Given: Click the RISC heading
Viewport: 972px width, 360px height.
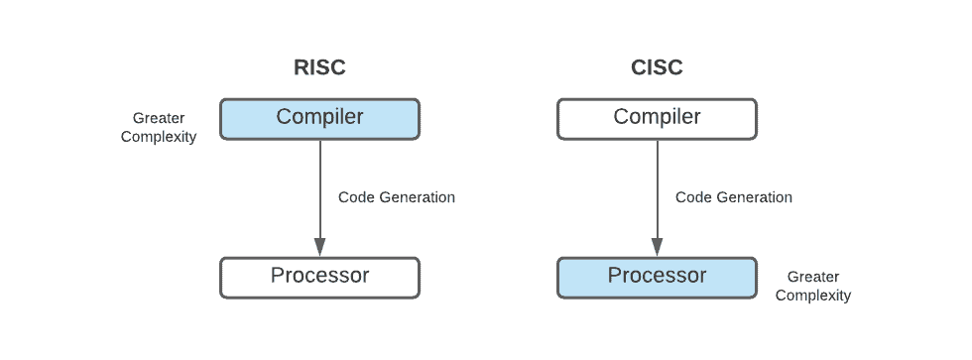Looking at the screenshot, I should (x=319, y=68).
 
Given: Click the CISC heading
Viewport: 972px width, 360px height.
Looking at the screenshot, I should (x=657, y=68).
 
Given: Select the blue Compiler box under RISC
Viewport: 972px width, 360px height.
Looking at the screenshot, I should (x=319, y=118).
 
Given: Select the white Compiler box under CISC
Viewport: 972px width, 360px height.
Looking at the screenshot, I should (x=657, y=118).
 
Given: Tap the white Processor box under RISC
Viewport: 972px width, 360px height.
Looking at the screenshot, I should (x=319, y=277).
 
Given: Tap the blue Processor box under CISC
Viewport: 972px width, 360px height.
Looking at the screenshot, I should (x=657, y=277).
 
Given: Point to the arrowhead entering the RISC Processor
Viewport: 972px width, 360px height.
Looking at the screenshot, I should (x=319, y=248).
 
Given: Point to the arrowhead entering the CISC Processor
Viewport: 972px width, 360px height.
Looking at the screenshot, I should (x=657, y=248).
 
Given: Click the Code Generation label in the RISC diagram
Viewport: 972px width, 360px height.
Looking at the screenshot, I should (x=397, y=197).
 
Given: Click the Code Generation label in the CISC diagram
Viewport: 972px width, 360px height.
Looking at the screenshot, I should (x=734, y=197).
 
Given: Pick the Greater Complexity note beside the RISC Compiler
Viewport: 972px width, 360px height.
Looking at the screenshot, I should (x=159, y=128).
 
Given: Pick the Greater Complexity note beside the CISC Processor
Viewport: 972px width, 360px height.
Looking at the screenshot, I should (x=813, y=287).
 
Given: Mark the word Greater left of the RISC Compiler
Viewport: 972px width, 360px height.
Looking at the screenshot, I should (x=159, y=119).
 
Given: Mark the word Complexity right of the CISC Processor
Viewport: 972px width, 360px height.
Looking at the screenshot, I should (x=813, y=296).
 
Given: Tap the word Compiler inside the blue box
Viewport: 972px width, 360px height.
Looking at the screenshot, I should (x=319, y=117).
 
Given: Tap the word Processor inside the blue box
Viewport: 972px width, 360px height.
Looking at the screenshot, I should (x=657, y=276).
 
